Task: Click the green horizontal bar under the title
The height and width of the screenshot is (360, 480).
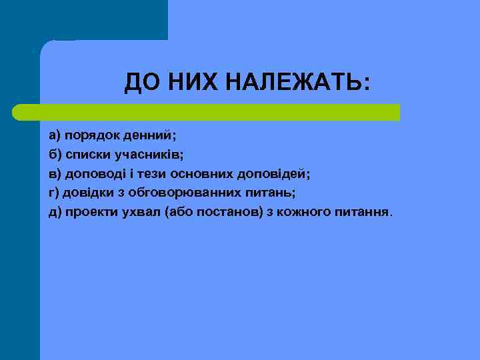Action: tap(207, 112)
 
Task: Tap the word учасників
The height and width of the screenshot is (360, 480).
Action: tap(151, 155)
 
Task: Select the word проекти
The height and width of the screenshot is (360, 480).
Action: tap(90, 213)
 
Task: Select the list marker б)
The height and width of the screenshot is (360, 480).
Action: tap(54, 155)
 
